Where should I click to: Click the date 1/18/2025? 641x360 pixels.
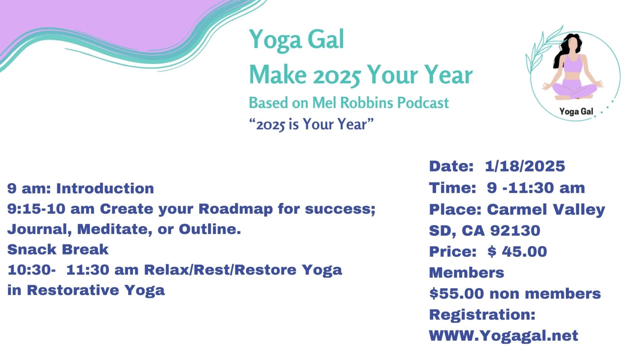click(525, 166)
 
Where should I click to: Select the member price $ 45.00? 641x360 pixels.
click(517, 252)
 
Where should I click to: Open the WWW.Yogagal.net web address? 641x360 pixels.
click(503, 336)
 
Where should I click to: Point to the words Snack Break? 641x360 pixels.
click(58, 250)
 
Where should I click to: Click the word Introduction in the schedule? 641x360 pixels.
click(105, 188)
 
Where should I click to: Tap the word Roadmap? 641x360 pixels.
click(235, 209)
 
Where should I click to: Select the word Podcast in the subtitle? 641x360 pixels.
click(423, 103)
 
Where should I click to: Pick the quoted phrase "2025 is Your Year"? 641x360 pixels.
click(311, 124)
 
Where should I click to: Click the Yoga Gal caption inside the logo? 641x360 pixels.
click(576, 112)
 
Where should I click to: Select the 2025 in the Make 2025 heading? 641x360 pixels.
click(337, 75)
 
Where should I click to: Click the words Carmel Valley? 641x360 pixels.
click(546, 210)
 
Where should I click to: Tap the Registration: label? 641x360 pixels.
click(482, 315)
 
